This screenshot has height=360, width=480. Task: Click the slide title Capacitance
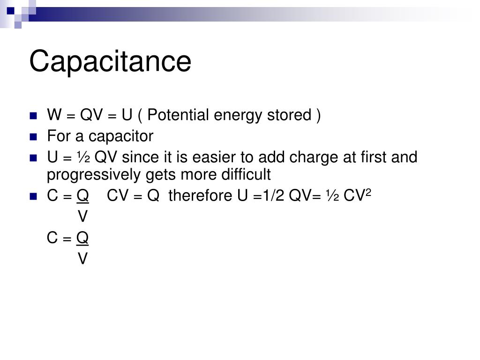pyautogui.click(x=110, y=61)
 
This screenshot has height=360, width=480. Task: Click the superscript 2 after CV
pyautogui.click(x=368, y=192)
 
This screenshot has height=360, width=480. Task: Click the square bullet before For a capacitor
pyautogui.click(x=33, y=137)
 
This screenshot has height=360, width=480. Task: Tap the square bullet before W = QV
pyautogui.click(x=33, y=116)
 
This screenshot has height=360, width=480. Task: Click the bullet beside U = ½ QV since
pyautogui.click(x=33, y=157)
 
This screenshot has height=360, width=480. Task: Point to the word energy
pyautogui.click(x=233, y=115)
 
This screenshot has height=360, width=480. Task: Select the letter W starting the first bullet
pyautogui.click(x=52, y=115)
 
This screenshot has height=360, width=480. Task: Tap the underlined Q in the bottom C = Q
pyautogui.click(x=82, y=238)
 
